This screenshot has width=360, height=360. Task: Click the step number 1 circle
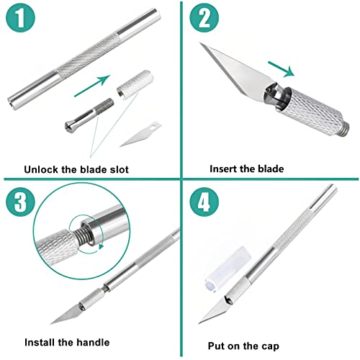(20, 18)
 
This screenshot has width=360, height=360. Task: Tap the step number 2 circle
(204, 18)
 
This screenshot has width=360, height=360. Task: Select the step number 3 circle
(20, 202)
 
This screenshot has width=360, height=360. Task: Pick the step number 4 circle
(204, 202)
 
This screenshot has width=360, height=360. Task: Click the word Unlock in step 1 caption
(41, 170)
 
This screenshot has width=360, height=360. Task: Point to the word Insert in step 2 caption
(223, 168)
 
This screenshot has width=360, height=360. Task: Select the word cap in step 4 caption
(271, 347)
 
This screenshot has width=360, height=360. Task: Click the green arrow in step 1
(92, 86)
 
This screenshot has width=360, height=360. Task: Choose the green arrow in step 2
(281, 69)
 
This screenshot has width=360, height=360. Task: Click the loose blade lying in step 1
(140, 134)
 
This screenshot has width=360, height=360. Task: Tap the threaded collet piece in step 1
(89, 116)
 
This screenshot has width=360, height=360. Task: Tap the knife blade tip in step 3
(50, 323)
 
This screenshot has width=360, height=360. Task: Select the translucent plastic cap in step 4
(228, 269)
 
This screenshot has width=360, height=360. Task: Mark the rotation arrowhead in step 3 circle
(102, 246)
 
